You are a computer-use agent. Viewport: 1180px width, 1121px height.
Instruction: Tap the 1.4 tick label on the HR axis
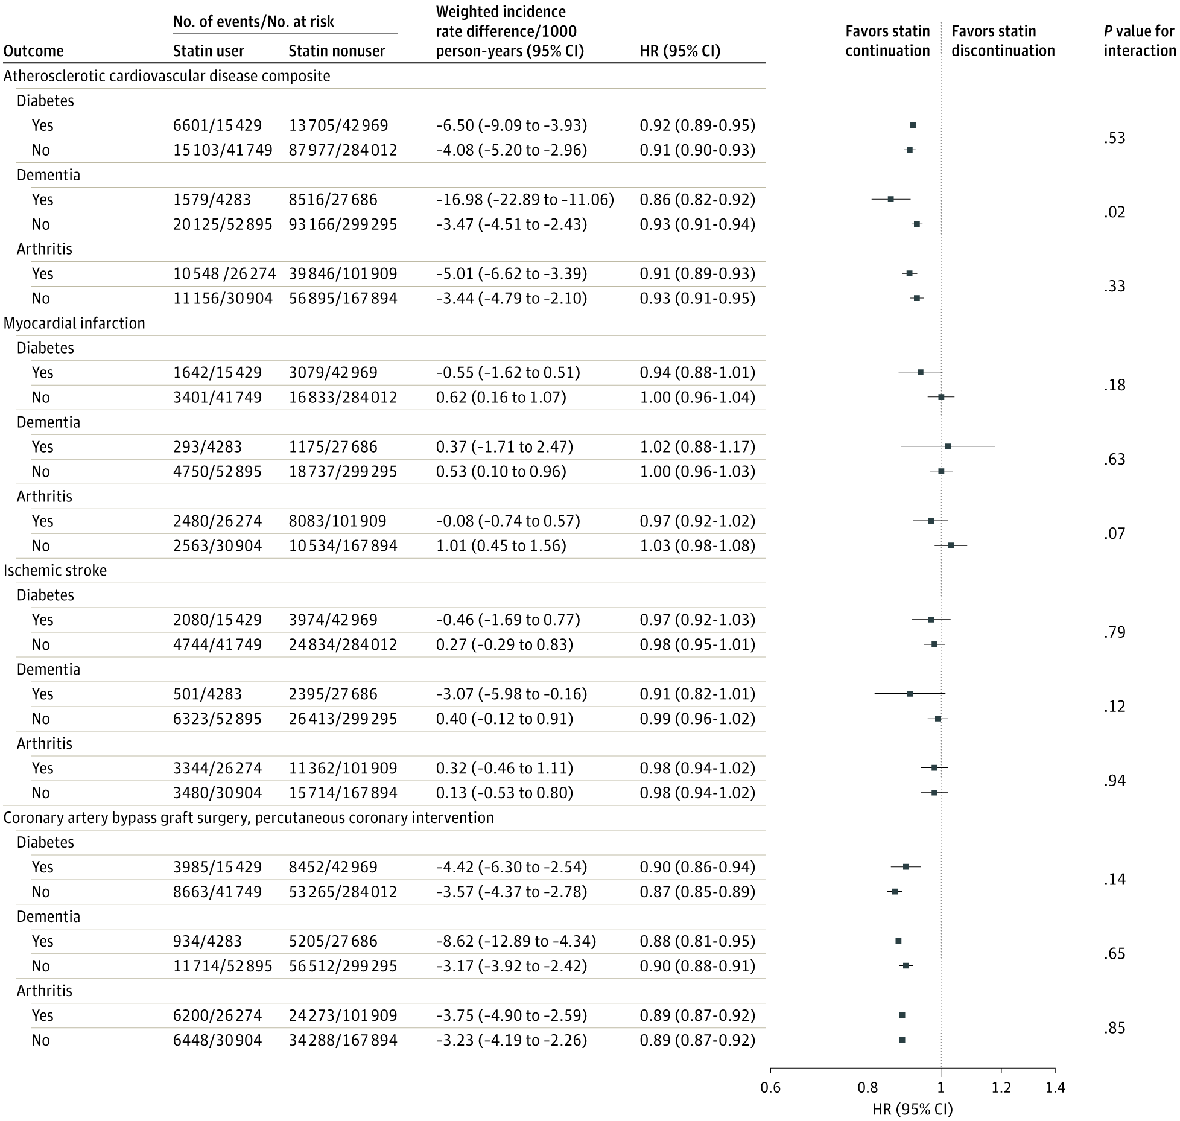(x=1055, y=1088)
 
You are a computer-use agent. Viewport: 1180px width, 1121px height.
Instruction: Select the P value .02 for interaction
(x=1115, y=212)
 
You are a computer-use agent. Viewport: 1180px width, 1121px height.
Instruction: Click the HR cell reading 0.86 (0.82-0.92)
(x=697, y=200)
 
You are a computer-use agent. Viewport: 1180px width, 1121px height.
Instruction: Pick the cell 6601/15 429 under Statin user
(x=217, y=125)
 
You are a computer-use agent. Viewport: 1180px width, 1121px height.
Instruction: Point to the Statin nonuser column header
(x=337, y=51)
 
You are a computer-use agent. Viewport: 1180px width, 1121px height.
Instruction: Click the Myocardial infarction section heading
(x=74, y=323)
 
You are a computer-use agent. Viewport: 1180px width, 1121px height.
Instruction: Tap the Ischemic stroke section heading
(x=55, y=571)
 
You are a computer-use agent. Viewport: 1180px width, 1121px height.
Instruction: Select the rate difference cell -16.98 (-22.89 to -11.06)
(x=525, y=200)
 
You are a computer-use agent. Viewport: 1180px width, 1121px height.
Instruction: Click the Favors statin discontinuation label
(x=1003, y=41)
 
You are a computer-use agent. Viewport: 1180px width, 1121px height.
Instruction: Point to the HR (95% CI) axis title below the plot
(x=912, y=1109)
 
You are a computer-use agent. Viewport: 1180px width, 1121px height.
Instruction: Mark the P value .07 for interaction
(x=1115, y=533)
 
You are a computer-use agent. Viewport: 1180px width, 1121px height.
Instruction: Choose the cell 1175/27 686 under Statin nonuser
(x=333, y=447)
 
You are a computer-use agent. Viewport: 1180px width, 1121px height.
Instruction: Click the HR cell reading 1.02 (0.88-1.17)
(x=697, y=447)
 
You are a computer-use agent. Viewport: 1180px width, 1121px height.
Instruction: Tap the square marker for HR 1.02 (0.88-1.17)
(x=948, y=446)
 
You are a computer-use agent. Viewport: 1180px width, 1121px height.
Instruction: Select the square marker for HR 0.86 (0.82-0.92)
(x=890, y=199)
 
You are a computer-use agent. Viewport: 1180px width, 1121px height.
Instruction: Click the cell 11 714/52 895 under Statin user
(x=223, y=966)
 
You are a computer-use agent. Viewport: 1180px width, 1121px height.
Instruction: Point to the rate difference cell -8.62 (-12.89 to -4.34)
(x=516, y=941)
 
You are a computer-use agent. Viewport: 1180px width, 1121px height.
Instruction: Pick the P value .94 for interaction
(x=1115, y=781)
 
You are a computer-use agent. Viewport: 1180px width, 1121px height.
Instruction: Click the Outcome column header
(x=33, y=51)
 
